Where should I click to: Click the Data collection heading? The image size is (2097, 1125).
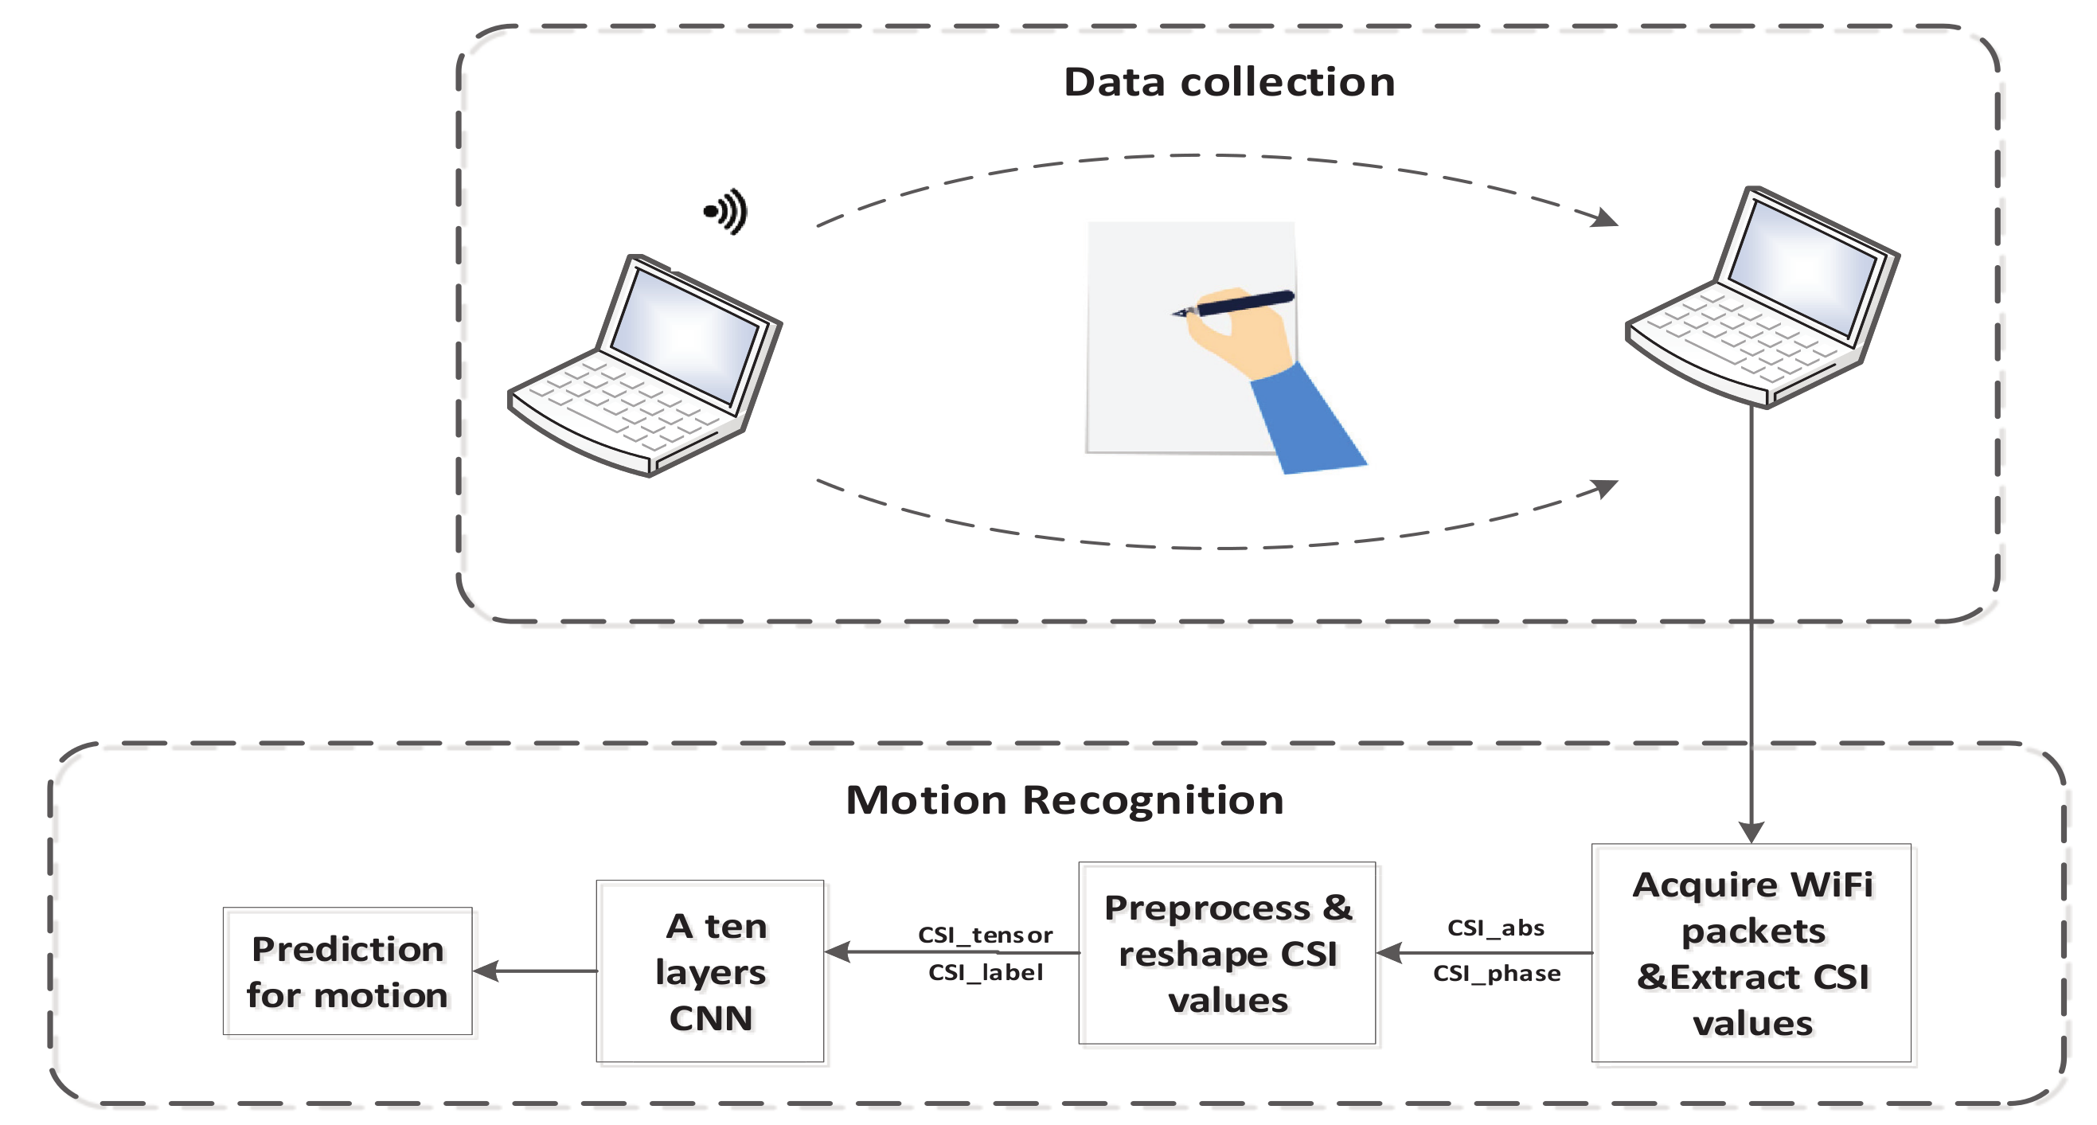[x=1228, y=82]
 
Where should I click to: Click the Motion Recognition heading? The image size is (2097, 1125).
[x=1064, y=800]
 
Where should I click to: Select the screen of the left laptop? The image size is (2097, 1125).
[x=684, y=334]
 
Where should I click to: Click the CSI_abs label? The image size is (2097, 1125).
[x=1495, y=928]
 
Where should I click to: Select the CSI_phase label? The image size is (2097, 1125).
[x=1496, y=974]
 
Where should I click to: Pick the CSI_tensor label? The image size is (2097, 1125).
[x=985, y=935]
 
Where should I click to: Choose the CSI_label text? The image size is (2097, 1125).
[x=985, y=973]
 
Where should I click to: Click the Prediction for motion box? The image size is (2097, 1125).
[x=348, y=971]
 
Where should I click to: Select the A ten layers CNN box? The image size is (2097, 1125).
[x=710, y=971]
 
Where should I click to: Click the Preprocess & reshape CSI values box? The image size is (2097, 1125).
[x=1227, y=953]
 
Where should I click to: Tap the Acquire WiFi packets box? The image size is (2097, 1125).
[x=1751, y=953]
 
